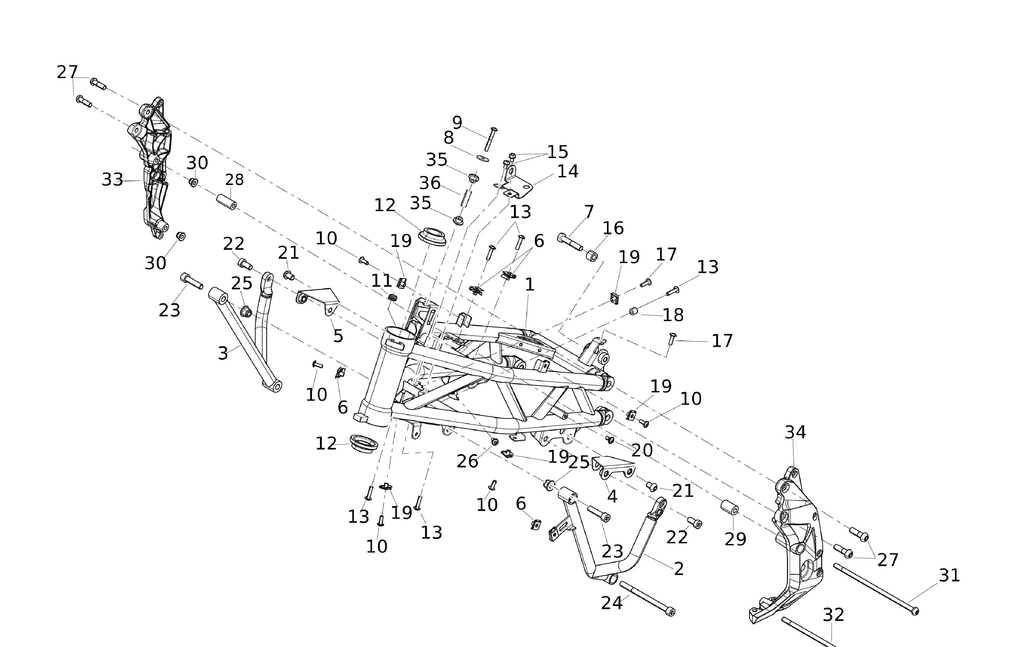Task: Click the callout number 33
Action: pos(112,180)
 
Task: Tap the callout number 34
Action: pos(795,433)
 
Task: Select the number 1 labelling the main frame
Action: pos(530,285)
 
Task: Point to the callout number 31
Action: pos(949,575)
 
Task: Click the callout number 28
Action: pos(234,180)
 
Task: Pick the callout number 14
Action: pos(568,171)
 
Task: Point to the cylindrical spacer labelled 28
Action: pos(226,202)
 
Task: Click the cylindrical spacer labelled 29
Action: pos(730,508)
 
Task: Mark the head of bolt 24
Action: pos(671,612)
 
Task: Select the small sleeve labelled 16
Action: pos(591,255)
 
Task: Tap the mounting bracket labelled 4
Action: pos(614,467)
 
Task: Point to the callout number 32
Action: pos(833,615)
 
